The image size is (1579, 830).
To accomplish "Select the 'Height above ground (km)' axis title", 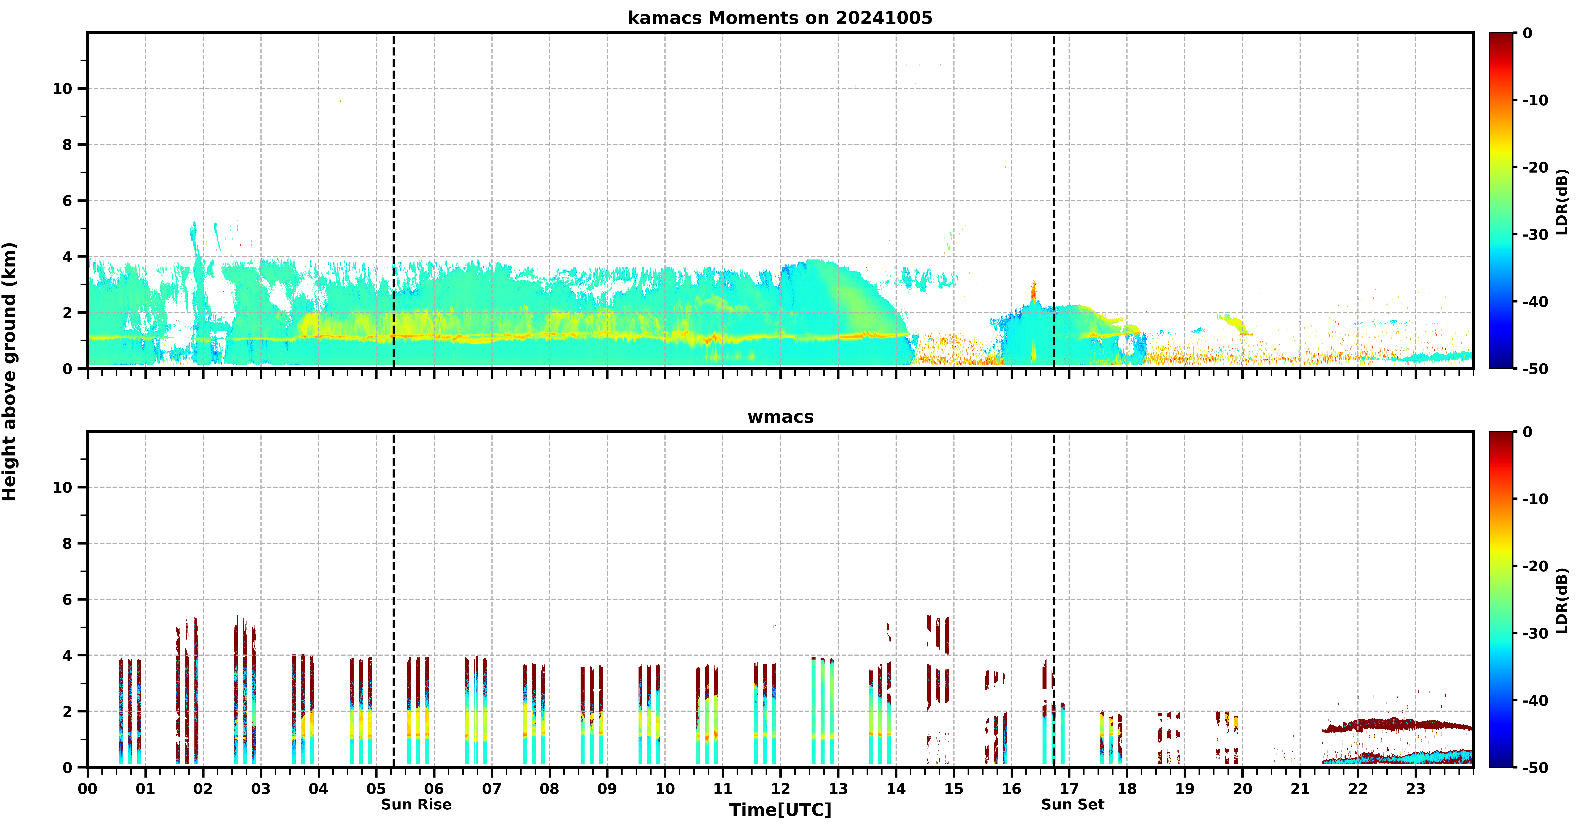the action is click(9, 372).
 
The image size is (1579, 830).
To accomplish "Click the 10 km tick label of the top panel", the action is click(63, 89).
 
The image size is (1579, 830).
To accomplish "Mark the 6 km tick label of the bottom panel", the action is click(67, 600).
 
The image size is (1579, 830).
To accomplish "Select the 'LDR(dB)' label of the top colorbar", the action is click(1562, 202).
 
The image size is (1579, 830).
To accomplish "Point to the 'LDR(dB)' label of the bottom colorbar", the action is click(1562, 601).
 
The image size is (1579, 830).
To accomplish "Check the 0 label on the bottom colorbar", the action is click(1528, 432).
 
